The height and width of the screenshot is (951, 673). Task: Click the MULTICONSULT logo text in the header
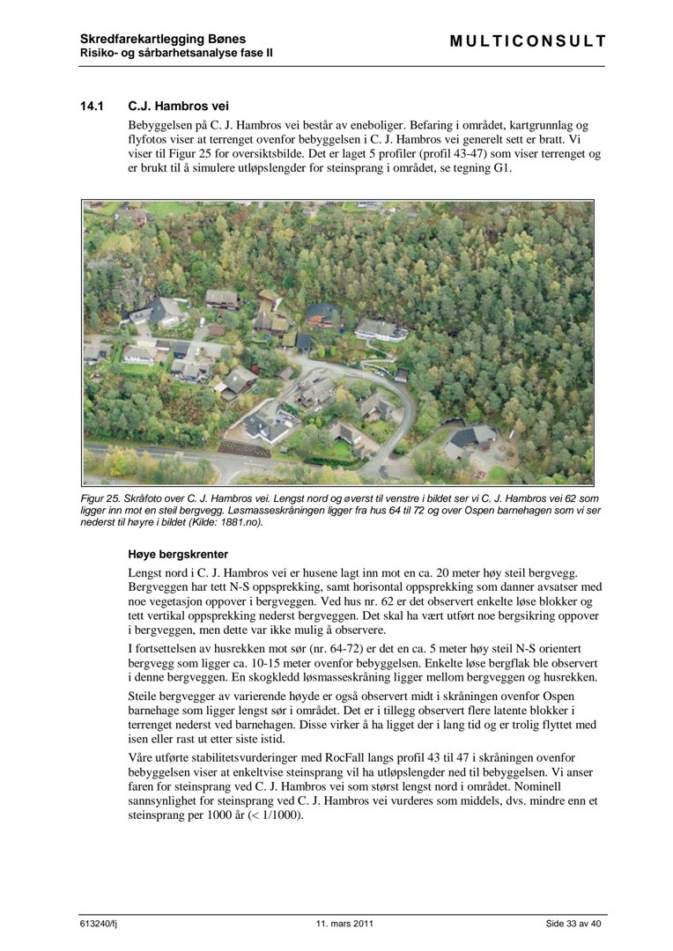[x=528, y=41]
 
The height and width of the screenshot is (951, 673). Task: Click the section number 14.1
[x=92, y=107]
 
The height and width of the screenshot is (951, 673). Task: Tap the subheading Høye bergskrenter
[x=178, y=555]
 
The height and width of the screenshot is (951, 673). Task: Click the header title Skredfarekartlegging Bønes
[x=163, y=39]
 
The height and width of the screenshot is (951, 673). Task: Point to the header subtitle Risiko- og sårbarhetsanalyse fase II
[x=176, y=53]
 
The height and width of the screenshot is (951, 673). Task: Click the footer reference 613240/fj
[x=100, y=924]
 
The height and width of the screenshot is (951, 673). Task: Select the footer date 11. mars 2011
[x=344, y=924]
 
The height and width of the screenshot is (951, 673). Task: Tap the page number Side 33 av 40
[x=573, y=924]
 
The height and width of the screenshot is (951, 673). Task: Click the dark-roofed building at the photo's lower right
[x=471, y=438]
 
